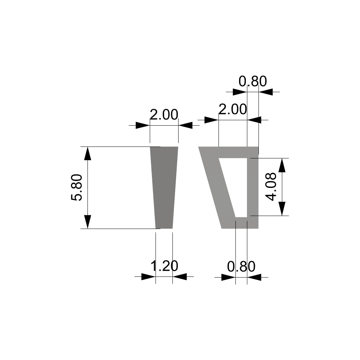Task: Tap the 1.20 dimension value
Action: pos(164,267)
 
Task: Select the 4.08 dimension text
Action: pos(271,186)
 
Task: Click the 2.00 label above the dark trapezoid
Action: pos(164,115)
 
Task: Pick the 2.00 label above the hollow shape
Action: pos(233,109)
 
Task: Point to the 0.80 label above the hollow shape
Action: pos(253,82)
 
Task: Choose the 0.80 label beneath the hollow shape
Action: pos(241,267)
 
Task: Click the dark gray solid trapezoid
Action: pos(164,187)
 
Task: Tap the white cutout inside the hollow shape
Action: pos(236,180)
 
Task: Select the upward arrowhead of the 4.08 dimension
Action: pos(282,165)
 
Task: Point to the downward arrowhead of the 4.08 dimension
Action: pos(282,209)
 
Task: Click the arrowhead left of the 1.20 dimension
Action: pos(148,276)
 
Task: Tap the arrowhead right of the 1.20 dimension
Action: pos(180,276)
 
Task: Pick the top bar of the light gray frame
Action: pos(230,152)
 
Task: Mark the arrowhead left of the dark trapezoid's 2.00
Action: pos(142,125)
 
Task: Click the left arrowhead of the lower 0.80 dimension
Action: pos(228,277)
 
